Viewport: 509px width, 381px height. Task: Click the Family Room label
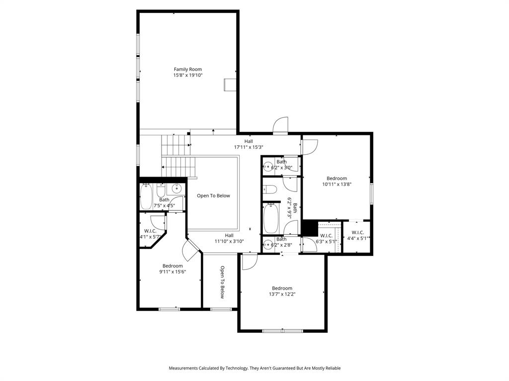pos(188,69)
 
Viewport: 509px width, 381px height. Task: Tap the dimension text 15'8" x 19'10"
pos(188,75)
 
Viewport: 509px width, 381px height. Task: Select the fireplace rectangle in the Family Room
pos(230,85)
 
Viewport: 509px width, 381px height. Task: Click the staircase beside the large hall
pos(175,156)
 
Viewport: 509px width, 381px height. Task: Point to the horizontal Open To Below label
pos(213,195)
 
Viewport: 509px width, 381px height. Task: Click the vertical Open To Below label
pos(222,282)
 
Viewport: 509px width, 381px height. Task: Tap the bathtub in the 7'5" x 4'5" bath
pos(146,197)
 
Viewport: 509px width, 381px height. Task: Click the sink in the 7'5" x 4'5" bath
pos(177,189)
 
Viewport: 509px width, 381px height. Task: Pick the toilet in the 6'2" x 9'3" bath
pos(270,189)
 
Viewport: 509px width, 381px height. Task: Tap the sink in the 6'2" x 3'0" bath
pos(267,167)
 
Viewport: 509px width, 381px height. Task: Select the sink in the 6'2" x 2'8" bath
pos(267,245)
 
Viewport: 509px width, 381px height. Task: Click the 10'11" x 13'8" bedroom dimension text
pos(337,184)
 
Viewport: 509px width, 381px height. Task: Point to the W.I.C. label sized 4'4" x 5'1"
pos(357,233)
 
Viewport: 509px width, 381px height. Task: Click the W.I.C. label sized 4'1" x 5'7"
pos(150,231)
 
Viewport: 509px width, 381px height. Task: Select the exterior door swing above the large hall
pos(281,125)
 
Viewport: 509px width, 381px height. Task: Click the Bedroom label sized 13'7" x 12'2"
pos(282,288)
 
